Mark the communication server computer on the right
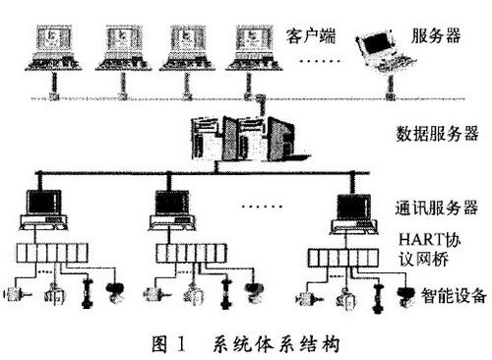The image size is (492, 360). coord(352,210)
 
